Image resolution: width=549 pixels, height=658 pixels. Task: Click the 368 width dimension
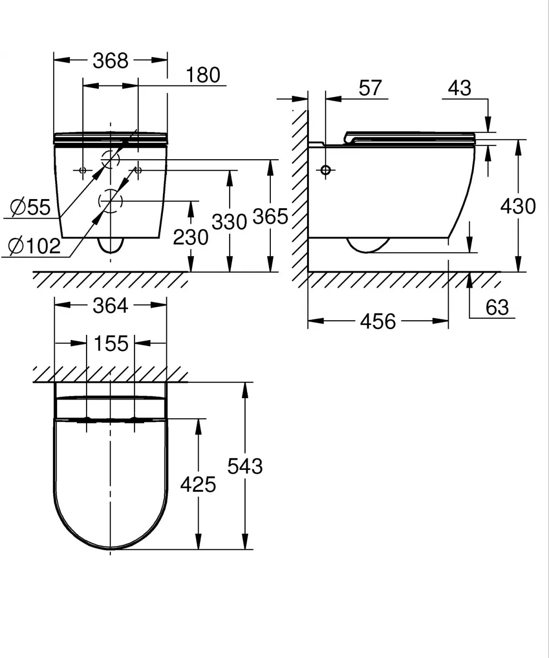110,60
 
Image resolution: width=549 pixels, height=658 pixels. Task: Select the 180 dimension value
203,75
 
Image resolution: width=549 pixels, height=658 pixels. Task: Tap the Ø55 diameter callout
30,207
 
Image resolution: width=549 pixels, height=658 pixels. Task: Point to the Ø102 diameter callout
35,246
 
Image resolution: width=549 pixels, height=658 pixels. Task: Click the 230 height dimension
190,237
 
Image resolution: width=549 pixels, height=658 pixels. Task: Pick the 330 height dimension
229,222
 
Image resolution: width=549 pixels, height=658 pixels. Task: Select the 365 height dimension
270,216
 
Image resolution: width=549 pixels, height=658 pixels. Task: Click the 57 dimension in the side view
370,88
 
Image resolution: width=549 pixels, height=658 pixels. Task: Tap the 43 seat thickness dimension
459,88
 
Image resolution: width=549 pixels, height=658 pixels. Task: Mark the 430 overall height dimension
518,206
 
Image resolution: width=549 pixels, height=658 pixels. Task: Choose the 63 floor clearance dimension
497,307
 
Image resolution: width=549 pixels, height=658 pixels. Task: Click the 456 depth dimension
377,321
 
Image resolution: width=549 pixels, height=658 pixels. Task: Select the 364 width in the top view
110,305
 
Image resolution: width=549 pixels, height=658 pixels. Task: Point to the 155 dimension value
111,343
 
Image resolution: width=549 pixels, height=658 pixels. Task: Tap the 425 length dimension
198,484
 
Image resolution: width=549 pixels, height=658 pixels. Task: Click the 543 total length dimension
245,466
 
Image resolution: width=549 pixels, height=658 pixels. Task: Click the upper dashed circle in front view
110,160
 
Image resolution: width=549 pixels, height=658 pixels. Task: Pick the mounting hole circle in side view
326,170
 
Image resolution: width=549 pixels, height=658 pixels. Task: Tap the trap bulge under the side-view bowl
367,245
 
